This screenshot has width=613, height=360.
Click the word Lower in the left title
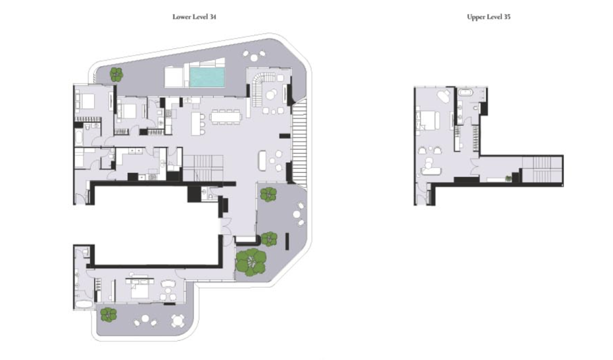(181, 17)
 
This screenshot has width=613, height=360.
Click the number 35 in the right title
(507, 17)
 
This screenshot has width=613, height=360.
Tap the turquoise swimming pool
(207, 77)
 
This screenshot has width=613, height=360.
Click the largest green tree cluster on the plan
(251, 262)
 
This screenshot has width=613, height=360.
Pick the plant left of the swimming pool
(116, 74)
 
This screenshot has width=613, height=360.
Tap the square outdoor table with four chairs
(177, 321)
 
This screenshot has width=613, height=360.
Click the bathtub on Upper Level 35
(465, 93)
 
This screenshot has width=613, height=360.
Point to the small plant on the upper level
(508, 179)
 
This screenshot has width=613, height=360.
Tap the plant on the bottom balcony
(109, 314)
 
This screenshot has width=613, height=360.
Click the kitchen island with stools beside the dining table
(197, 124)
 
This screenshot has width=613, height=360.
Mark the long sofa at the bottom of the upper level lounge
(431, 171)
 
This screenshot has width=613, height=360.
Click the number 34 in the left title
(212, 17)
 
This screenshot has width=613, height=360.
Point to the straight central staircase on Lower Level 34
(203, 167)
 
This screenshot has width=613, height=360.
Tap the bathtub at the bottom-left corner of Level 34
(83, 304)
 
